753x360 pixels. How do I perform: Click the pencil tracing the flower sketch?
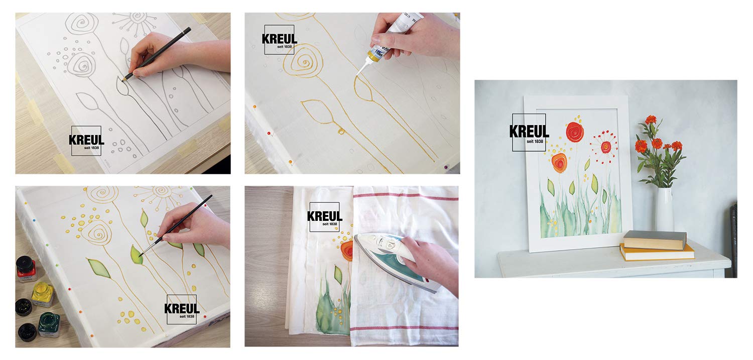[157, 54]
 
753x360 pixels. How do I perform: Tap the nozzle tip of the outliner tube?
[357, 75]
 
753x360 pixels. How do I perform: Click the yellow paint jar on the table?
[43, 294]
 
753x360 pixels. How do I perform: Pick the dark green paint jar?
[49, 324]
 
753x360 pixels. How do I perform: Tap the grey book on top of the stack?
[654, 240]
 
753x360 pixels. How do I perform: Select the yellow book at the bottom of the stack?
[657, 253]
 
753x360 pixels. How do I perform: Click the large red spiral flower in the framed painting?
[574, 132]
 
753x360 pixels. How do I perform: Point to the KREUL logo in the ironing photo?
[324, 217]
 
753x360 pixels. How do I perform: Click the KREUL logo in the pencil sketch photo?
[86, 141]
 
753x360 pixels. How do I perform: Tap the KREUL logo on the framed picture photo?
[529, 133]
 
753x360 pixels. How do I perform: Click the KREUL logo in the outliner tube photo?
[279, 40]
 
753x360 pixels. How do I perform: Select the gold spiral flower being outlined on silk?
[301, 63]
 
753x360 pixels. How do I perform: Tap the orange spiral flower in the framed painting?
[559, 163]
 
